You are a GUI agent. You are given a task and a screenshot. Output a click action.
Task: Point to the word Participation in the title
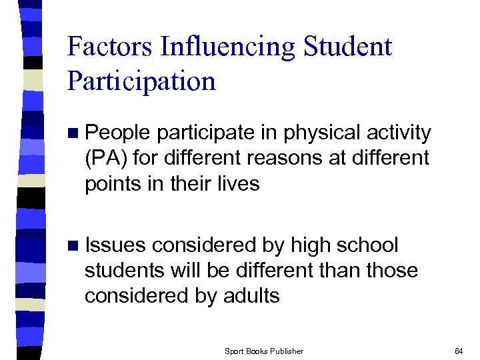click(x=141, y=81)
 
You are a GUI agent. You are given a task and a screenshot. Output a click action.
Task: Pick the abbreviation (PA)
click(x=103, y=159)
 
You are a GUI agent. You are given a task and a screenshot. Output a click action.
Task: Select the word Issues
click(x=115, y=246)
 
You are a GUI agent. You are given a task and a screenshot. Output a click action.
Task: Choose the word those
click(x=394, y=271)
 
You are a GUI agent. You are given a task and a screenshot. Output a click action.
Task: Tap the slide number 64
click(x=458, y=351)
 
